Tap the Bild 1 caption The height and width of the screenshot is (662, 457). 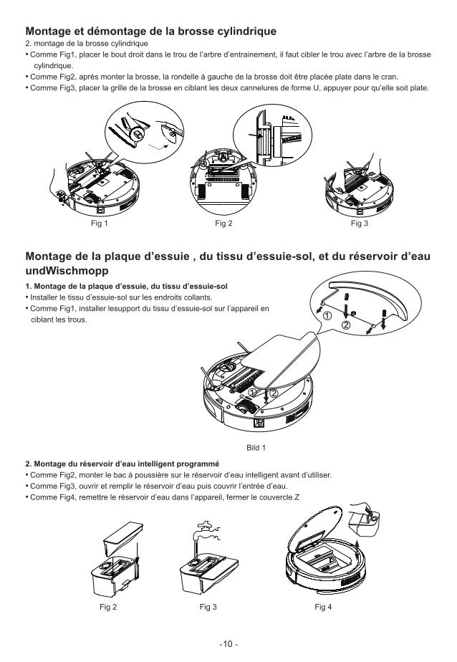pos(256,448)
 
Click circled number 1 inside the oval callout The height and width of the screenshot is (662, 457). pos(326,315)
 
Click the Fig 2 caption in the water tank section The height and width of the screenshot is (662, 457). pos(108,607)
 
